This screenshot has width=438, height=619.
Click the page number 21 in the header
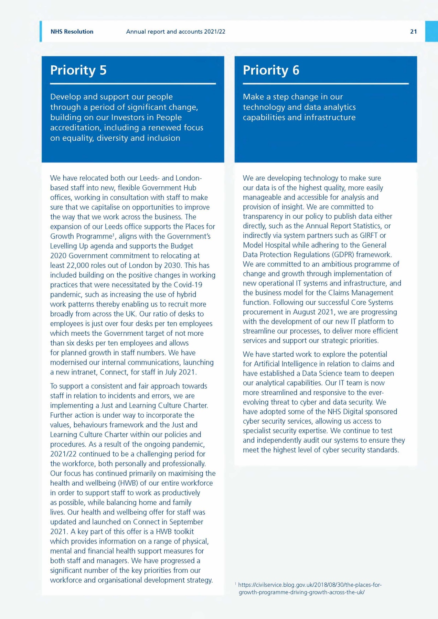coord(413,32)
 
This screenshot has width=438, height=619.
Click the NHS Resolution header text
coord(72,32)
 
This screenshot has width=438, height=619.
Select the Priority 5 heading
coord(78,70)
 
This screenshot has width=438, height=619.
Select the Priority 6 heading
coord(271,70)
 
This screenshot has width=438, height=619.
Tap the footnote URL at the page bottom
coord(310,588)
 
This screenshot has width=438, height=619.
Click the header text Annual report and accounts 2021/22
coord(175,32)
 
